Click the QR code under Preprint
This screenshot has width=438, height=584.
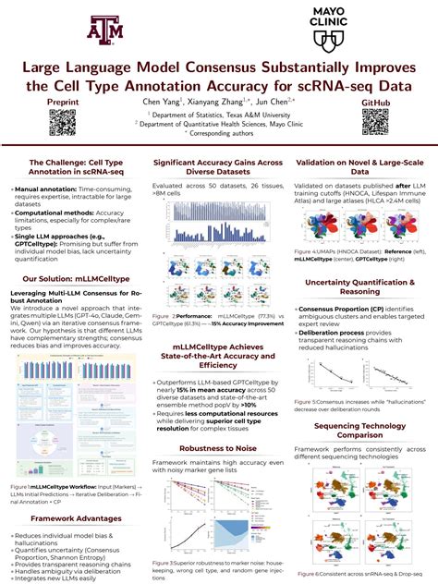(x=61, y=122)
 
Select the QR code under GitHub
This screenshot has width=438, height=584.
(x=375, y=122)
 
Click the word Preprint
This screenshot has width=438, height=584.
(x=61, y=101)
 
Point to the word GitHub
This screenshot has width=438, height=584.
(x=375, y=101)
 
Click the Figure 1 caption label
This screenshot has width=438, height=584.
(x=21, y=485)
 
